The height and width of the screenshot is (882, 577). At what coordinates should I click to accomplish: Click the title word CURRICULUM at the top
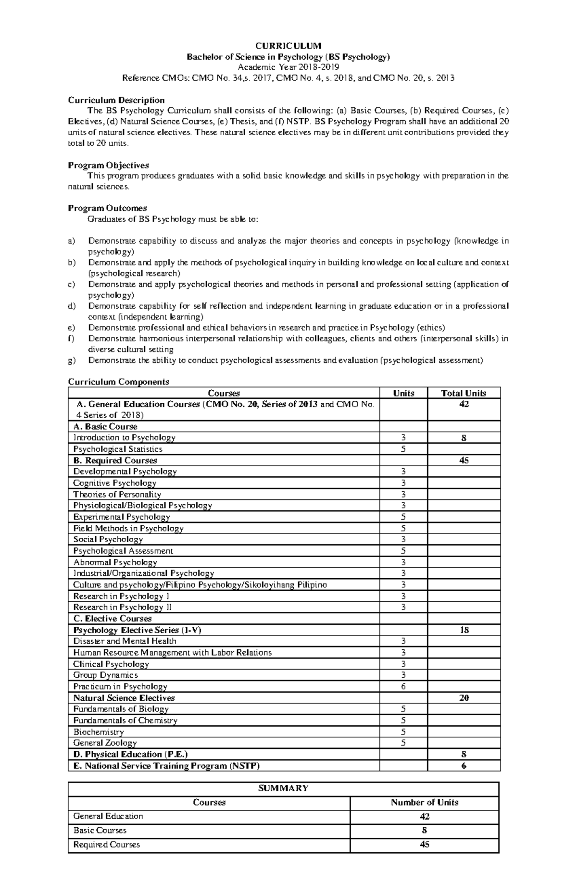(x=288, y=46)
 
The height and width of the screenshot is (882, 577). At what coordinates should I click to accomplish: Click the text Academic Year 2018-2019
(x=288, y=67)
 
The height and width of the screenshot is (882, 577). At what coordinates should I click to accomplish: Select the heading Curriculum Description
(x=116, y=100)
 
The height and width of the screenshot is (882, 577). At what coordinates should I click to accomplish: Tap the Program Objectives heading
(x=108, y=165)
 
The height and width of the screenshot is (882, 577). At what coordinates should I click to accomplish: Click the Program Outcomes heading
(x=107, y=208)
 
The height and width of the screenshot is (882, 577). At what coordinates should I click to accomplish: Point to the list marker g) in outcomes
(x=72, y=360)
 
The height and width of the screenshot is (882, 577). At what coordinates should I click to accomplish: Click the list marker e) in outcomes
(x=72, y=328)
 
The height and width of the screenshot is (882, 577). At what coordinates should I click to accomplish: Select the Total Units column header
(x=464, y=393)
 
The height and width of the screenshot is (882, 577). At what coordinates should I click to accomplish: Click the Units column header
(x=403, y=393)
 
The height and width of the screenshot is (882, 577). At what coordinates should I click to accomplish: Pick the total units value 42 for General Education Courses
(x=464, y=405)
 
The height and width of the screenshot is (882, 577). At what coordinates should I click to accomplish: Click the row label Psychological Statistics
(x=118, y=449)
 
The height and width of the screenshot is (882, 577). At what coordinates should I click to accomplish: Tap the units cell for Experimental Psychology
(x=403, y=517)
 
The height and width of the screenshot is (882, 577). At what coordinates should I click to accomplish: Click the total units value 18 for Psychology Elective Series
(x=464, y=630)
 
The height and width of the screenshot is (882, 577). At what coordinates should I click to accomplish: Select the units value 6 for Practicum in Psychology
(x=403, y=687)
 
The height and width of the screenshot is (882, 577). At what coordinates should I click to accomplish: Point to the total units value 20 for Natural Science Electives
(x=464, y=698)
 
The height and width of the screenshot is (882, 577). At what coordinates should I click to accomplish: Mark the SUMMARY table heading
(x=283, y=788)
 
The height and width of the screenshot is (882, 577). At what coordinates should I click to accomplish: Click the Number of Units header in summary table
(x=424, y=802)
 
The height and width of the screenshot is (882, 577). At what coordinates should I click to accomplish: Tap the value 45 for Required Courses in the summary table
(x=424, y=845)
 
